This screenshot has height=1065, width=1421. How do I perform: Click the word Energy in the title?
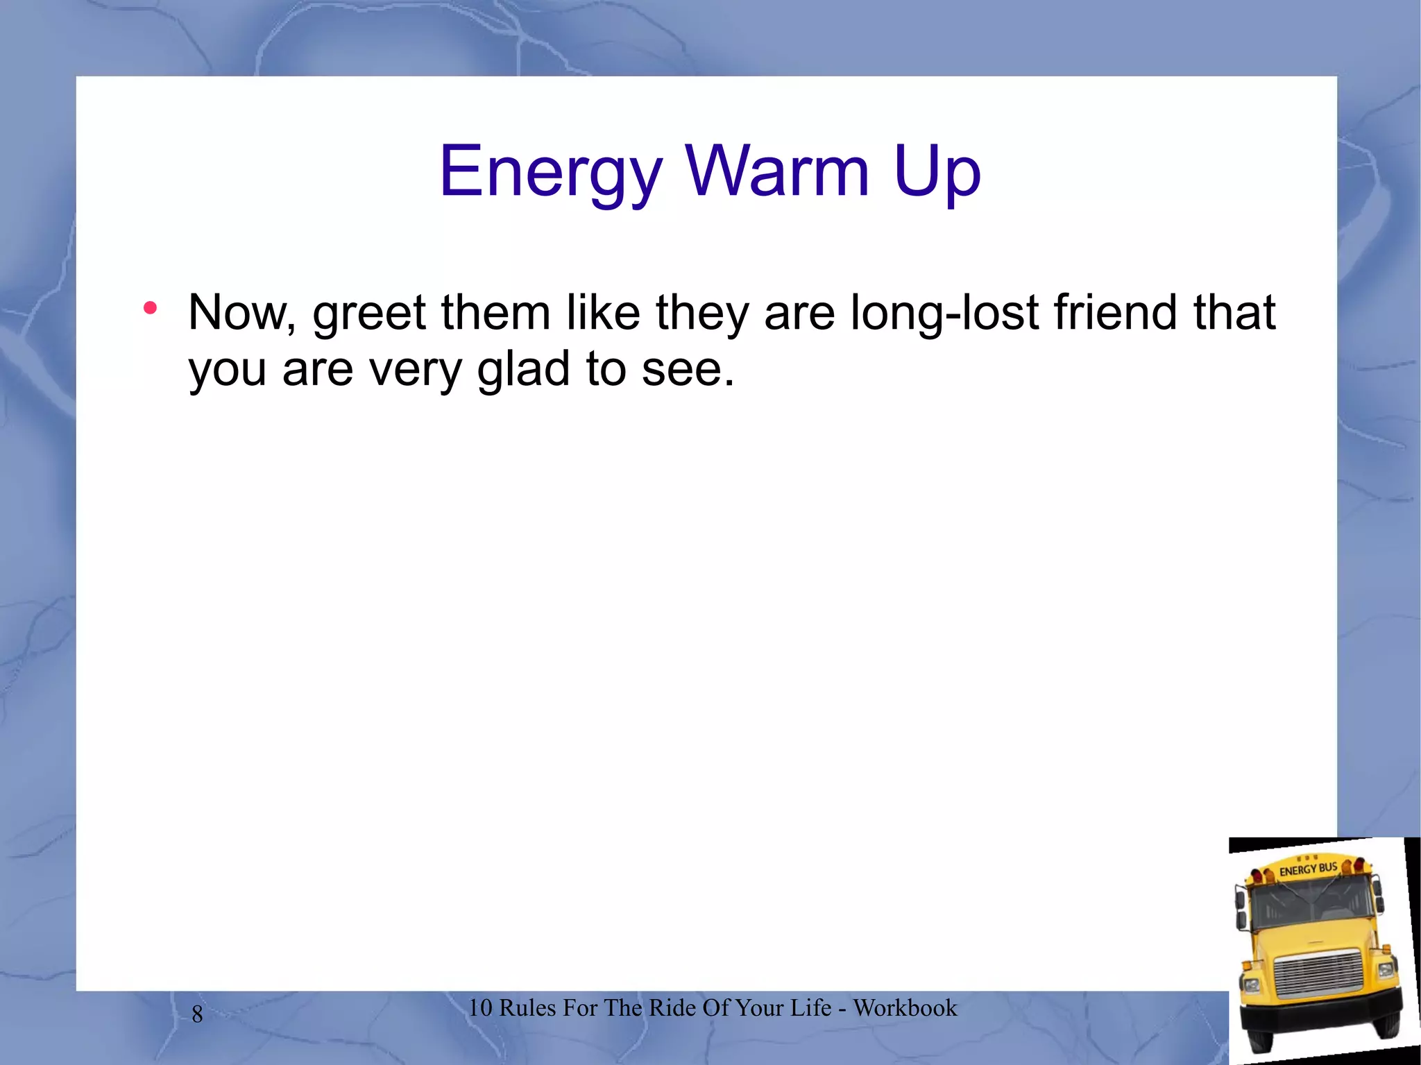[x=550, y=171]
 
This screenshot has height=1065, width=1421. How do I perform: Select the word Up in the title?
[x=937, y=171]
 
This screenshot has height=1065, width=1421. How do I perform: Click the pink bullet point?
[x=150, y=308]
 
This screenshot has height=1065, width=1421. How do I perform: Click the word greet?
[x=368, y=314]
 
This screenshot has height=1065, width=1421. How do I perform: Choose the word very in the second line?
[x=415, y=370]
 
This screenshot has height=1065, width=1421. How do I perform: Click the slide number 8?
[x=197, y=1014]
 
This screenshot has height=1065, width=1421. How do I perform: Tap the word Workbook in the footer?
[x=905, y=1007]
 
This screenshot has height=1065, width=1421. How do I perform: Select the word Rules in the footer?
[x=527, y=1007]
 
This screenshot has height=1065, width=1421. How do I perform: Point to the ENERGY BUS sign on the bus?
[x=1307, y=869]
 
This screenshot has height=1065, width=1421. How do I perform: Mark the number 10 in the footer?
[x=479, y=1007]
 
